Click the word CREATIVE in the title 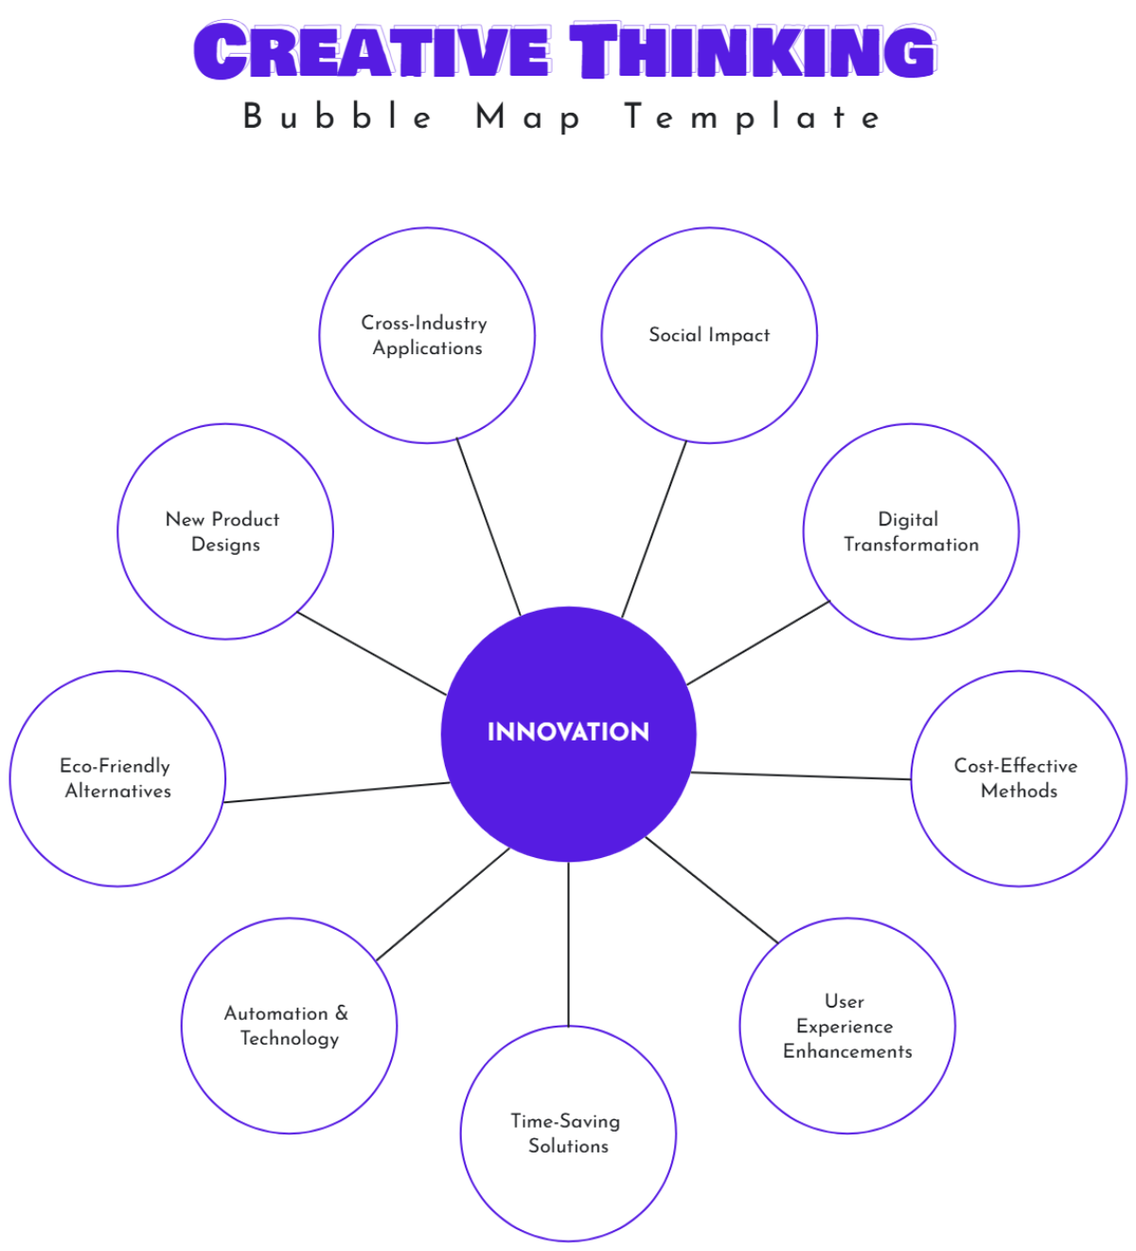(x=372, y=51)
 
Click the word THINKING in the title (x=753, y=51)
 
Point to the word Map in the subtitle (x=528, y=117)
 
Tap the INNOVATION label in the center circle (x=568, y=732)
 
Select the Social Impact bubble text (x=709, y=335)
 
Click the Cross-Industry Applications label (x=426, y=335)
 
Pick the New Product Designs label (x=223, y=531)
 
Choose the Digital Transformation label (x=911, y=531)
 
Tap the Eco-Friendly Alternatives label (x=117, y=778)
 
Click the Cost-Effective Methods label (x=1018, y=778)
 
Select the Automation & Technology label (x=288, y=1026)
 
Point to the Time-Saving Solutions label (x=567, y=1133)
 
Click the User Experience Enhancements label (x=847, y=1026)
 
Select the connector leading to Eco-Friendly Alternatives (x=336, y=793)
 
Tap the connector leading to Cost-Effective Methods (x=801, y=777)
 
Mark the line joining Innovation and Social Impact (x=654, y=529)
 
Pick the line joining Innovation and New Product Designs (x=371, y=653)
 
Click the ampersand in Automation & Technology (x=342, y=1013)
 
